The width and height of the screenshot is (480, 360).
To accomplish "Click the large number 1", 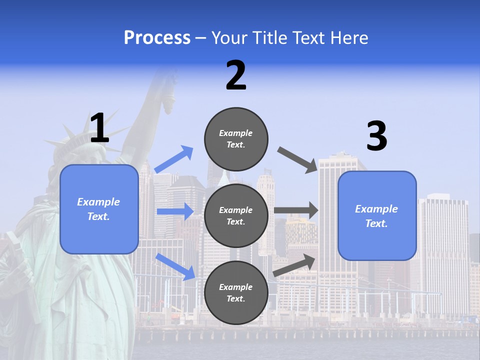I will pos(99,128).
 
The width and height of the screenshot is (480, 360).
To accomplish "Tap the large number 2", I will pos(236,75).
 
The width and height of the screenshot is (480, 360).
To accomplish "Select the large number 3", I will pos(376,136).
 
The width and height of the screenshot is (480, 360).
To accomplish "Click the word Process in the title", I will pos(157,37).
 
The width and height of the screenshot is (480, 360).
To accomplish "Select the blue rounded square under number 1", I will pos(99,209).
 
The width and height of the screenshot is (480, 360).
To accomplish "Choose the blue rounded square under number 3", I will pos(377,216).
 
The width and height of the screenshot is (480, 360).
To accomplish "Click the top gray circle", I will pos(236,139).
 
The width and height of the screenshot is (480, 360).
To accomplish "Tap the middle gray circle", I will pos(236,216).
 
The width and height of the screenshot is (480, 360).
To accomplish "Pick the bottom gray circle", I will pos(236,293).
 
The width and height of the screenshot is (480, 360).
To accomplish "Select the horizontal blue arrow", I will pos(175,211).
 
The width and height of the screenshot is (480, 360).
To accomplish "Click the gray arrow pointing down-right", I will pos(297,159).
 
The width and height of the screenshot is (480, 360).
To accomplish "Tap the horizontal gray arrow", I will pos(296,210).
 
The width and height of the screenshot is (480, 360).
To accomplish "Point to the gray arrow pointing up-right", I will pos(294,265).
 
